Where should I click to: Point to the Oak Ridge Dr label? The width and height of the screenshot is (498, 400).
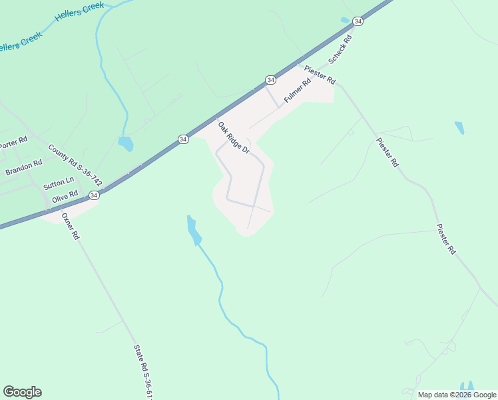coord(234,138)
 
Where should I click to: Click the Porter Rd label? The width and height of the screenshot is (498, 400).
coord(13,142)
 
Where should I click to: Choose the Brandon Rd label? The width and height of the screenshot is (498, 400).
coord(24,167)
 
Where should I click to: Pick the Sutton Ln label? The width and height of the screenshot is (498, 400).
coord(59,182)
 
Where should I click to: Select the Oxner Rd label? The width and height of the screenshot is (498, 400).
coord(70,226)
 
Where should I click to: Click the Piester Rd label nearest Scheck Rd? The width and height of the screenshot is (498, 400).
coord(320,74)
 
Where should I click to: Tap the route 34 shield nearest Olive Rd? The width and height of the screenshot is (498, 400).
coord(94,195)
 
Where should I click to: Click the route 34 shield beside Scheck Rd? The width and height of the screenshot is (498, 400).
coord(358,21)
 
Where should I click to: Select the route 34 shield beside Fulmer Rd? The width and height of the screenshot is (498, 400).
coord(270,80)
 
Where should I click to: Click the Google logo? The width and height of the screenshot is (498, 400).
coord(22,392)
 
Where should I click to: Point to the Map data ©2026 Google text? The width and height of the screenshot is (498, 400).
coord(457,395)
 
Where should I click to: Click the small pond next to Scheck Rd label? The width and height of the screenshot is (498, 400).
coord(345,20)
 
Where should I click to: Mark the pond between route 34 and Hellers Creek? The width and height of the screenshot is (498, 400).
coord(125,143)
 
